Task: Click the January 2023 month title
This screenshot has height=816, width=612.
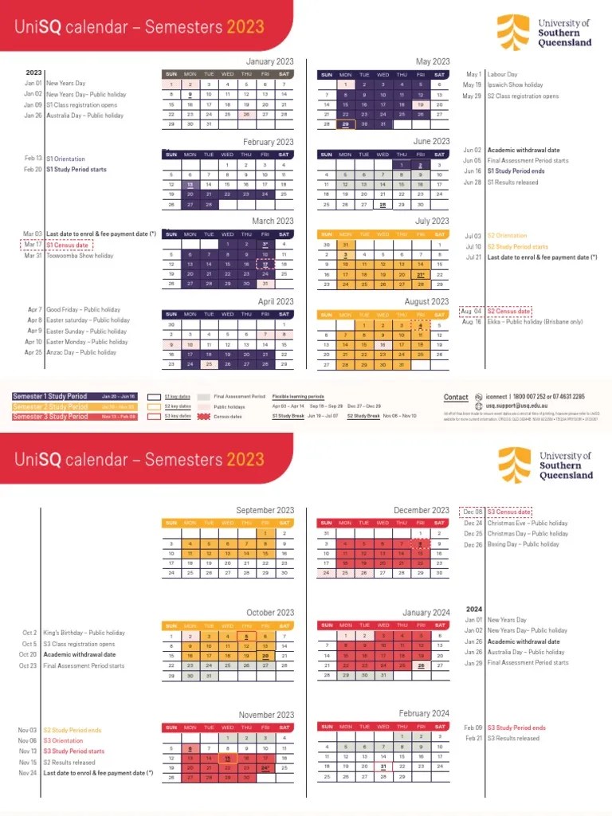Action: pyautogui.click(x=269, y=61)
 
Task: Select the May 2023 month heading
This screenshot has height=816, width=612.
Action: pyautogui.click(x=433, y=61)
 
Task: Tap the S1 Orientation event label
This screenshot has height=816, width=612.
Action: pyautogui.click(x=65, y=159)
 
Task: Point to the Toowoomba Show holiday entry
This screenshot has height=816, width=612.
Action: pyautogui.click(x=80, y=256)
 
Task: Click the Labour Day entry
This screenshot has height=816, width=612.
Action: pyautogui.click(x=502, y=74)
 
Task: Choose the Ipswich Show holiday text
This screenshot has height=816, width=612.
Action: pyautogui.click(x=515, y=85)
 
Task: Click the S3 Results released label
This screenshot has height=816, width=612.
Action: pyautogui.click(x=513, y=739)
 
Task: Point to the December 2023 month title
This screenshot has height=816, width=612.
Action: pyautogui.click(x=422, y=510)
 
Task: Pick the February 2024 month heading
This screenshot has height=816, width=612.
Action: pyautogui.click(x=424, y=713)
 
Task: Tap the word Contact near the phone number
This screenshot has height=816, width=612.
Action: pyautogui.click(x=456, y=397)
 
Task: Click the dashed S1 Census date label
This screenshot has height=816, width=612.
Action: pyautogui.click(x=67, y=245)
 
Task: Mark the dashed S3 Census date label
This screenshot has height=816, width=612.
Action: pyautogui.click(x=508, y=512)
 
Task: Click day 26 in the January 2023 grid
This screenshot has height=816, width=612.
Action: pyautogui.click(x=246, y=114)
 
